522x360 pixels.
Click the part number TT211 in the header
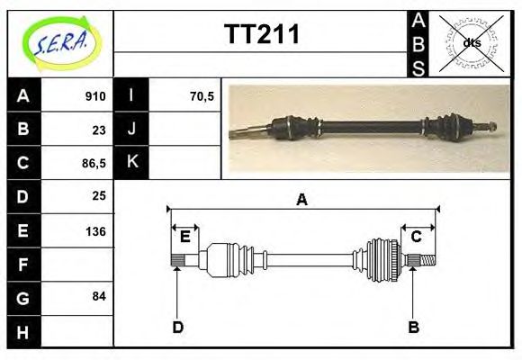[261, 35]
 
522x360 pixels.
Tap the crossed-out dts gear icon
[471, 42]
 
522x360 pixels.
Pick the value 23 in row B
[99, 130]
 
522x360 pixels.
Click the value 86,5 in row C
[93, 163]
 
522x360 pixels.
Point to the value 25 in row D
[99, 195]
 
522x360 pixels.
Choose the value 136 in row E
[95, 230]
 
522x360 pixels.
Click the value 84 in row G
[99, 295]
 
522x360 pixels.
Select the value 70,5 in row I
[202, 96]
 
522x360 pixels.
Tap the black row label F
[22, 264]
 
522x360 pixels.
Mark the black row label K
[132, 163]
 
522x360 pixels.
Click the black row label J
[132, 130]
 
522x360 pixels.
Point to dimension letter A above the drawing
[301, 200]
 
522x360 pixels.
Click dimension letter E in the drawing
[184, 237]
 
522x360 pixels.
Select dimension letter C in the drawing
[417, 237]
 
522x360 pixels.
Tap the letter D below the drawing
[177, 327]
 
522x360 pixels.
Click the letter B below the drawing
[413, 327]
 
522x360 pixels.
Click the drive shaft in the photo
[369, 128]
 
